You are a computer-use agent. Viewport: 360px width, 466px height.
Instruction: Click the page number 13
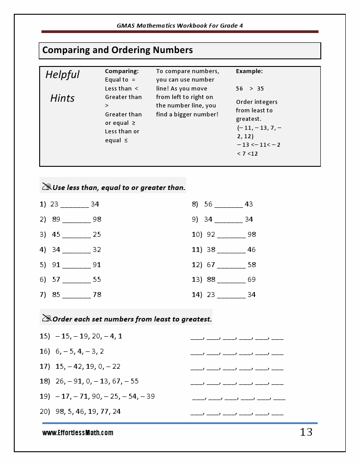306,432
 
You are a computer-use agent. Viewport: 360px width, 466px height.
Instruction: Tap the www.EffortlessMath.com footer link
78,433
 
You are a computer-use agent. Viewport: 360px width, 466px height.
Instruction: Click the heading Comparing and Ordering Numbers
118,50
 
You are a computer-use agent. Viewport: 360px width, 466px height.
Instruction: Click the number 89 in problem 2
56,219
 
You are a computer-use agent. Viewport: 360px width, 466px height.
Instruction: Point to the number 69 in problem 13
252,280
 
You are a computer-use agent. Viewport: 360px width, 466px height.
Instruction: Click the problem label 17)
45,367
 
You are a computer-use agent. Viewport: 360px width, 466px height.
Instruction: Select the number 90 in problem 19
96,396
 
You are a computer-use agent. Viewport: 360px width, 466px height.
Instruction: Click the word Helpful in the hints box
62,74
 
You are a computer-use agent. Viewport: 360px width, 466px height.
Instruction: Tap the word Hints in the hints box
62,98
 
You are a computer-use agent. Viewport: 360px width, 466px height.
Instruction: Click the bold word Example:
249,71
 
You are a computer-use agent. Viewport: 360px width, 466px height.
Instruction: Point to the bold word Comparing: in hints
122,71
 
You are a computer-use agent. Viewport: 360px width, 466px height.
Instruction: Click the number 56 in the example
239,89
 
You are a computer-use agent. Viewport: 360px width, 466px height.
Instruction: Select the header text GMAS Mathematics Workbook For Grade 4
180,25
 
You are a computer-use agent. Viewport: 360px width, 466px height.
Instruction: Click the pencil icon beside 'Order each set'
46,318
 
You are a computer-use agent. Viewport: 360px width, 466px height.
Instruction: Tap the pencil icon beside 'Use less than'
46,187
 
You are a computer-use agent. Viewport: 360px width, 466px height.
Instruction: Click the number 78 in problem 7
97,295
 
